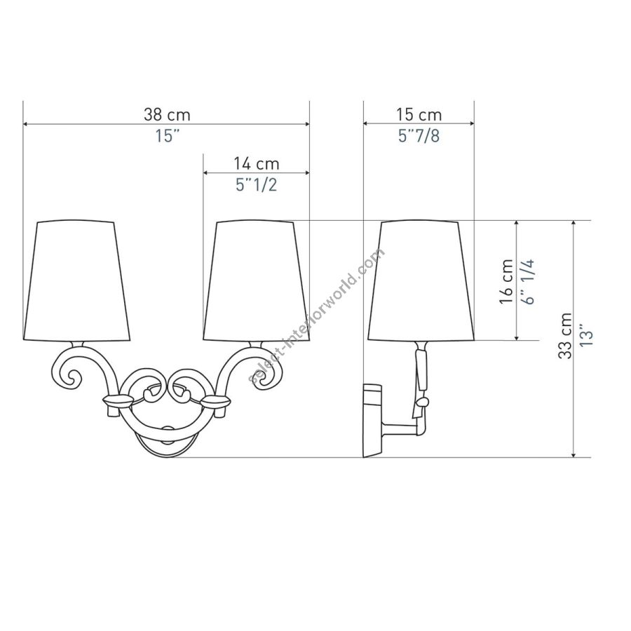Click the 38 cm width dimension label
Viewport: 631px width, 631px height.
click(167, 115)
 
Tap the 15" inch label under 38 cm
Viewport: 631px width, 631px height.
click(167, 136)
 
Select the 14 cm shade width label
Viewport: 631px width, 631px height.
click(257, 163)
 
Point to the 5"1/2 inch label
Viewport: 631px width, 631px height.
click(257, 184)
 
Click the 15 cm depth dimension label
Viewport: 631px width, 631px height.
click(419, 115)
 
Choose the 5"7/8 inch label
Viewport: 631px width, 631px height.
click(419, 136)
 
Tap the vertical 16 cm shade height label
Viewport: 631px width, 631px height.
click(507, 281)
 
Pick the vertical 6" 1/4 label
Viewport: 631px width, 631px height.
click(529, 281)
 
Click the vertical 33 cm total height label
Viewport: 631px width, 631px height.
click(565, 335)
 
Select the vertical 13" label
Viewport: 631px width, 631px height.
click(586, 335)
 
